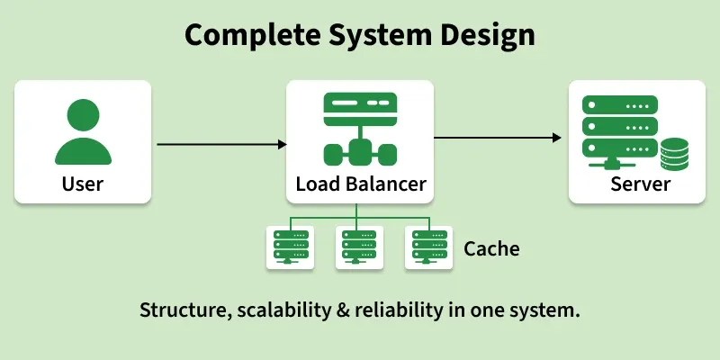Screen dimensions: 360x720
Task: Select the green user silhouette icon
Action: point(83,131)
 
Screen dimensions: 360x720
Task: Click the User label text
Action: point(83,184)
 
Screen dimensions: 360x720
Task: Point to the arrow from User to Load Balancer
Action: point(221,144)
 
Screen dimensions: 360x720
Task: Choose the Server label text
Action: point(640,184)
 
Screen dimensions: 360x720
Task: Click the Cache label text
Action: point(491,247)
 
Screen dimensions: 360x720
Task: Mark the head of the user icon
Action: point(83,115)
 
